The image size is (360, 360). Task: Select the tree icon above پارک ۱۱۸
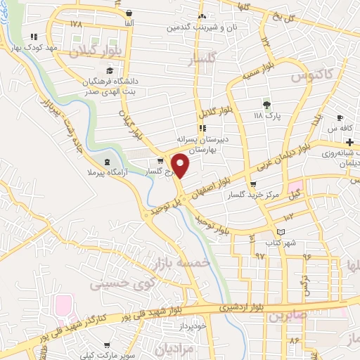pyautogui.click(x=266, y=103)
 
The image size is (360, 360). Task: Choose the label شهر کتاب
pyautogui.click(x=281, y=243)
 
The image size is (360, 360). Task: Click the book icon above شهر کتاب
pyautogui.click(x=281, y=231)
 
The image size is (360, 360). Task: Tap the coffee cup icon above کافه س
pyautogui.click(x=340, y=117)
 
